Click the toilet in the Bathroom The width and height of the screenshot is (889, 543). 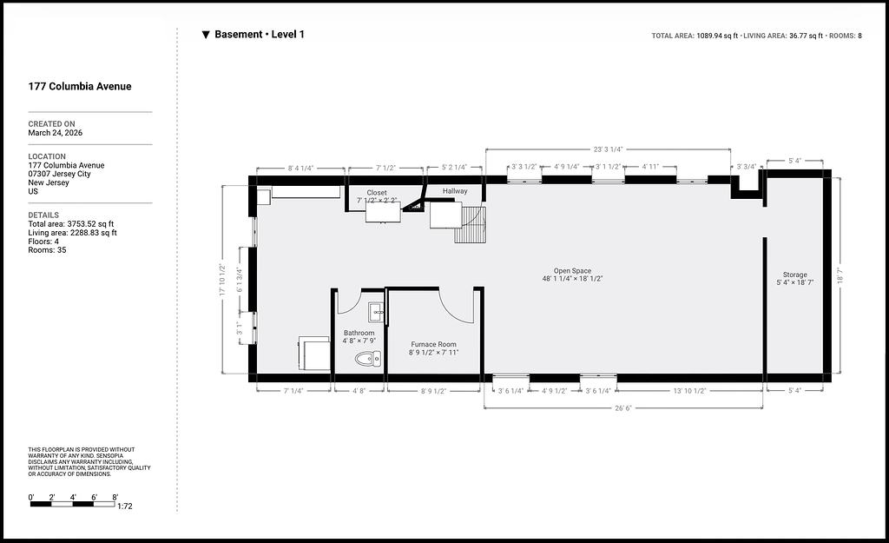point(368,358)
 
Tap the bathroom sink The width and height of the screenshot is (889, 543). point(376,312)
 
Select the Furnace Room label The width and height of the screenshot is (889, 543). point(434,344)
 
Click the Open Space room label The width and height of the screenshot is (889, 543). point(573,271)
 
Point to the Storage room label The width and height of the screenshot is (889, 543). point(795,275)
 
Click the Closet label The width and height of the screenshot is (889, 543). point(377,193)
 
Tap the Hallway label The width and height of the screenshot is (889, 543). point(455,191)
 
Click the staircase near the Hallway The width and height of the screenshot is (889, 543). point(471,225)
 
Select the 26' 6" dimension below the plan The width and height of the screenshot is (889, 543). point(623,408)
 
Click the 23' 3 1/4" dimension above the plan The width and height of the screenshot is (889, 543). point(608,149)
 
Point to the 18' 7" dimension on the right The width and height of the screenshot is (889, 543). point(840,275)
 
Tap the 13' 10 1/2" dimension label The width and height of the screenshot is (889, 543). point(689,391)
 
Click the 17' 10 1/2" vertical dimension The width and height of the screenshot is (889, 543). point(222,280)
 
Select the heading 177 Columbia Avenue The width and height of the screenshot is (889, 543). point(80,86)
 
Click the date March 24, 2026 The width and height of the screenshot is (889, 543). point(56,133)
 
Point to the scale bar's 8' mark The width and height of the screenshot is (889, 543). point(115,498)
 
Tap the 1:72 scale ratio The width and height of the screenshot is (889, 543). point(125,507)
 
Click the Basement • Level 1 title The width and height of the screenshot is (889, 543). point(259,34)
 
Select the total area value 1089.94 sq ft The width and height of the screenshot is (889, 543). point(717,36)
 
